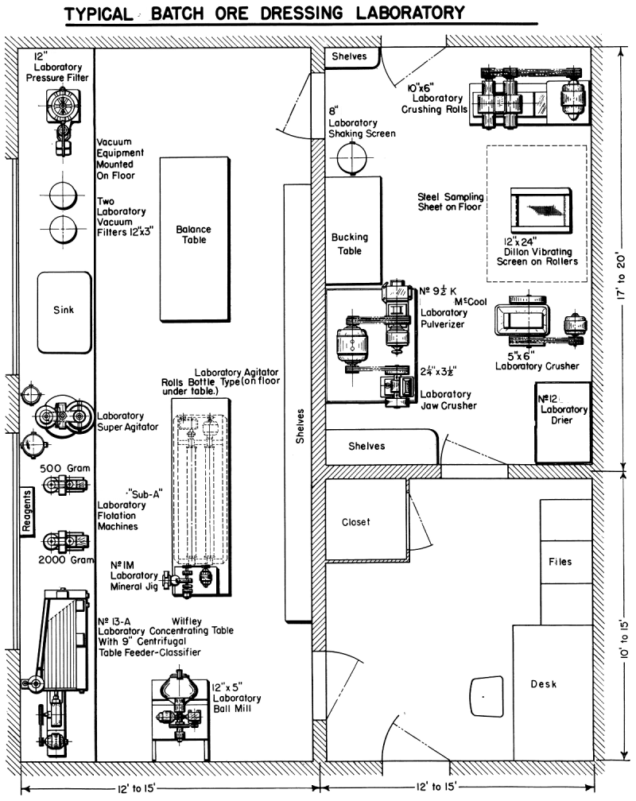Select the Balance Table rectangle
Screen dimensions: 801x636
(195, 238)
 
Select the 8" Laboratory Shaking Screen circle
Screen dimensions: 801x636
(348, 160)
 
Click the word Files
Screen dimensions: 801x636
(560, 562)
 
